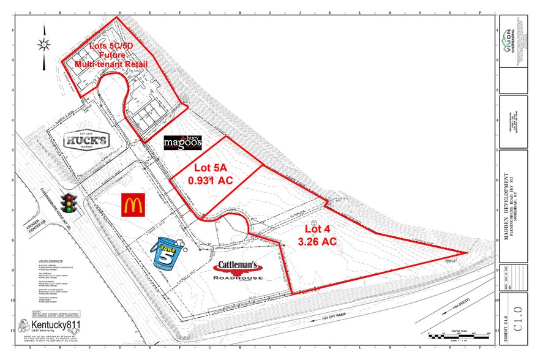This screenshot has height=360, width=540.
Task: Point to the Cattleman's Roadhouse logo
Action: (238, 270)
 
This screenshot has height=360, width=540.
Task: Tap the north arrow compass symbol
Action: (43, 43)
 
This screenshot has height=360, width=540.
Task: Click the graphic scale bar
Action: (454, 335)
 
